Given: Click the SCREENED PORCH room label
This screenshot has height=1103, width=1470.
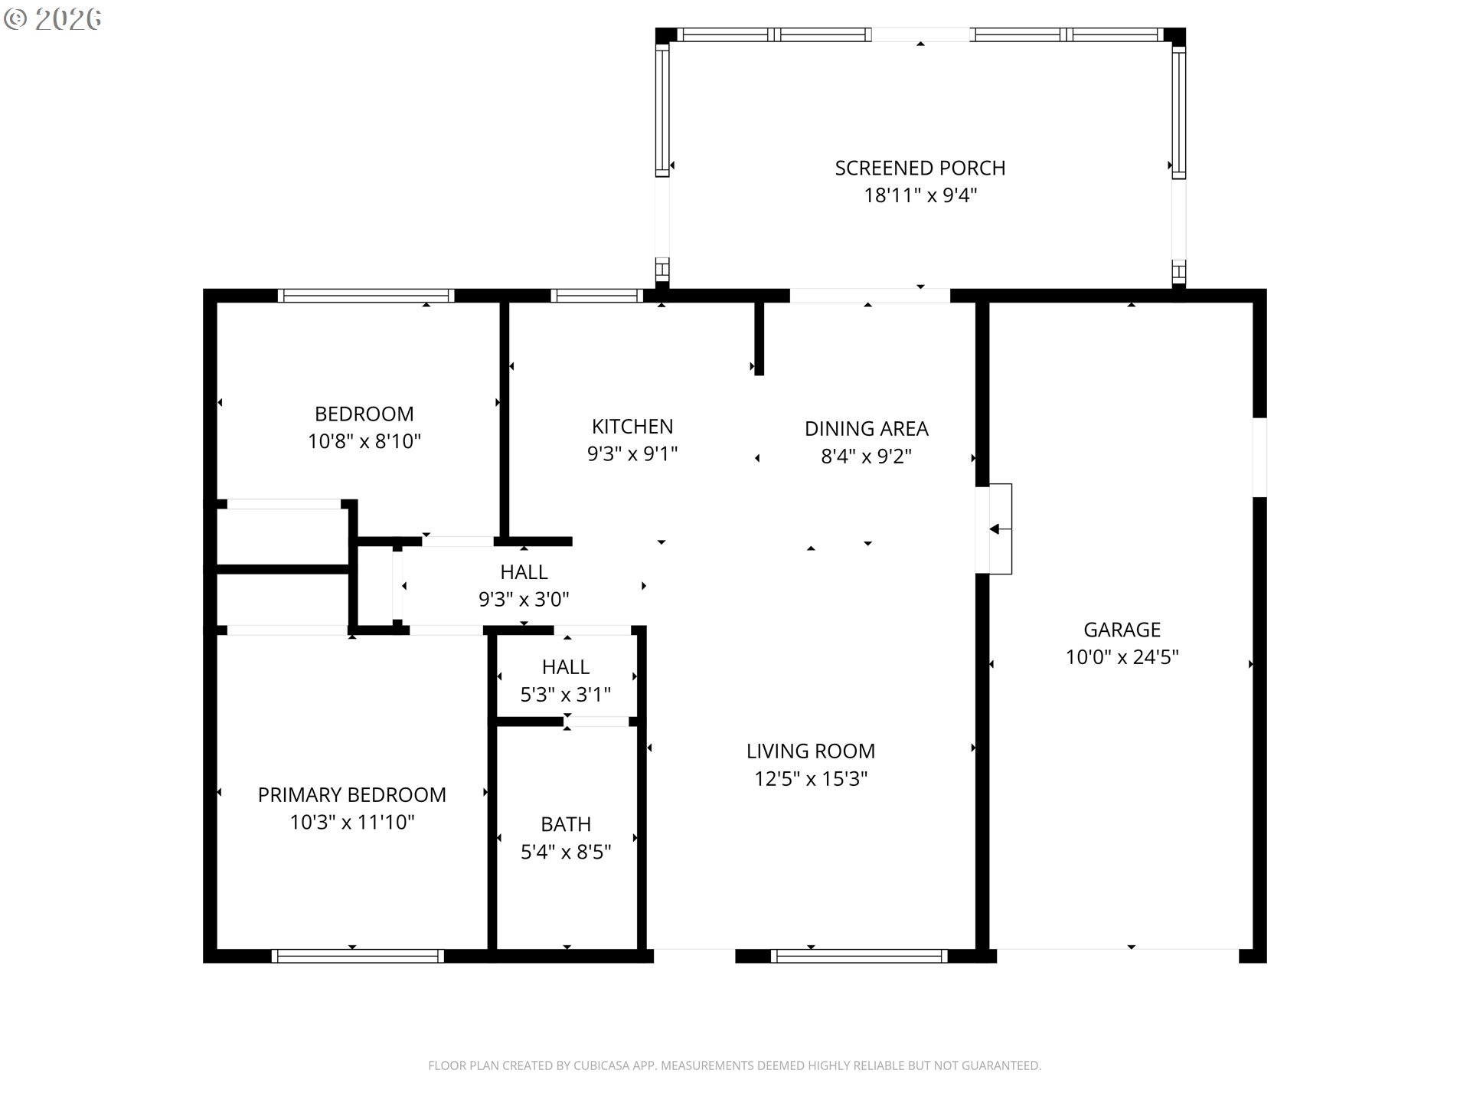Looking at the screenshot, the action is point(920,168).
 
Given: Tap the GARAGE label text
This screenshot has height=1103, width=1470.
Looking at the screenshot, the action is point(1122,630).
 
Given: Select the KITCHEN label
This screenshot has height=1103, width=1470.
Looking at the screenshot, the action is point(632,427).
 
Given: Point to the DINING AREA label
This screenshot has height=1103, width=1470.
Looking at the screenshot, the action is point(866,429).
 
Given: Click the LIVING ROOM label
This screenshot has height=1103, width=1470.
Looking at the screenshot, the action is point(811,751).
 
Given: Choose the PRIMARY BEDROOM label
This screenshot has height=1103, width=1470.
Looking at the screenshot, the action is point(352,795).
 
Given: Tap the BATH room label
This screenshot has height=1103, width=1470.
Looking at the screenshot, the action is point(566,824).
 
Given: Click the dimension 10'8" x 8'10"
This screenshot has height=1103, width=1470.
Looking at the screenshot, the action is point(364,441).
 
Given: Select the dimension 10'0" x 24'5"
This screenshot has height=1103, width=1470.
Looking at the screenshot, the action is point(1122,657).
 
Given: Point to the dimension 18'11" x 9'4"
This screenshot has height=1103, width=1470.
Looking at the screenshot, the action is point(920,195).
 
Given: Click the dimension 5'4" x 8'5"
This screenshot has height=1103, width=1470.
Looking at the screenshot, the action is point(566,852).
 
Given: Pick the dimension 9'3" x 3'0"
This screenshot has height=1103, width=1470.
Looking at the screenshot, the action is point(524,600).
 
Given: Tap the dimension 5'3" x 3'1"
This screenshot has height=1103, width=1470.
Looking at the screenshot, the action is point(566,695).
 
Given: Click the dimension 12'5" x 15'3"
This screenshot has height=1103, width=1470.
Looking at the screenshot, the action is point(811,779).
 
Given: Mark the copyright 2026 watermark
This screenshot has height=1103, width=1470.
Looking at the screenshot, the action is point(52,19).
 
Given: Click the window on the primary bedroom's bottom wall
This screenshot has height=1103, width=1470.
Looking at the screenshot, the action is point(358,956).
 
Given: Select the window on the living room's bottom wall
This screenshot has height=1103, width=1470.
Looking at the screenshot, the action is point(859,956).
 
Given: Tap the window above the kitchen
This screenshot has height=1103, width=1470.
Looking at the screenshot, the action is point(596,296).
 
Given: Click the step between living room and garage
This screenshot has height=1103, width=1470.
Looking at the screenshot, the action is point(1000,529).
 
